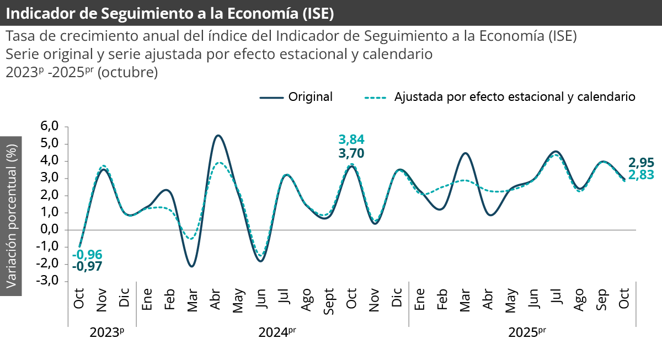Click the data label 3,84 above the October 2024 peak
click(x=351, y=139)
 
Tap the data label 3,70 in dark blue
click(x=351, y=153)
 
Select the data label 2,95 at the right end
click(x=642, y=163)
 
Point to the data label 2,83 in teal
click(x=642, y=175)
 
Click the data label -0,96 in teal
click(x=87, y=255)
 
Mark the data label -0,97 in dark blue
click(x=87, y=267)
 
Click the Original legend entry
click(x=296, y=97)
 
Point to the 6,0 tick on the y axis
click(x=50, y=127)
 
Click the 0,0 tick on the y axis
click(x=50, y=230)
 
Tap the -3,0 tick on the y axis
click(x=48, y=281)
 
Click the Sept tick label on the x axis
click(x=329, y=300)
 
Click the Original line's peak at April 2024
click(x=218, y=135)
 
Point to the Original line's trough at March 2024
click(x=191, y=266)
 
